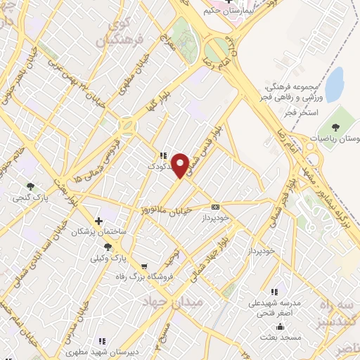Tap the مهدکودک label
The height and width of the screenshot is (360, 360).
pos(160,167)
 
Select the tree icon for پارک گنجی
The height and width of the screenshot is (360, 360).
pos(30,186)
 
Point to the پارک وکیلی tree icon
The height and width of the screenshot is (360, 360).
pos(108,246)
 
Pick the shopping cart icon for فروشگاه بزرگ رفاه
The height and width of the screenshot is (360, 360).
pos(144,266)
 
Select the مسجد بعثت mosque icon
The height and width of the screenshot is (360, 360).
pos(281,326)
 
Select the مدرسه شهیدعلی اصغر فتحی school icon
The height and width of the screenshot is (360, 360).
pos(274,292)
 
